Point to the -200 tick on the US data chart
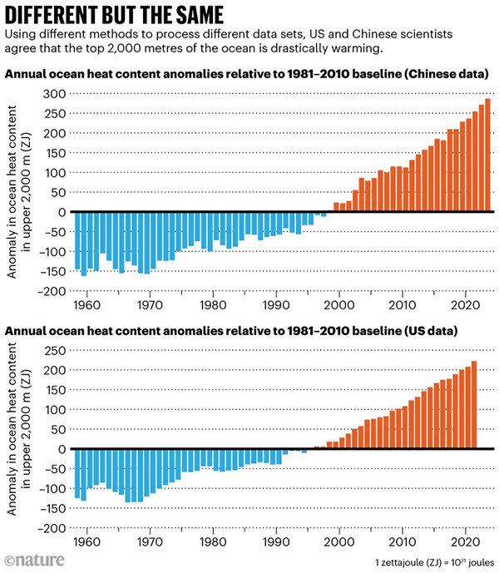[x=54, y=528]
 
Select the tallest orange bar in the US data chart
[x=474, y=405]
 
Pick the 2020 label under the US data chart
[x=464, y=542]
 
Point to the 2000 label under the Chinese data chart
[x=338, y=305]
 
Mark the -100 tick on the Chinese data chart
[x=54, y=251]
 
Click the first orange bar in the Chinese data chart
[x=336, y=207]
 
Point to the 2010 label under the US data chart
[x=402, y=542]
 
